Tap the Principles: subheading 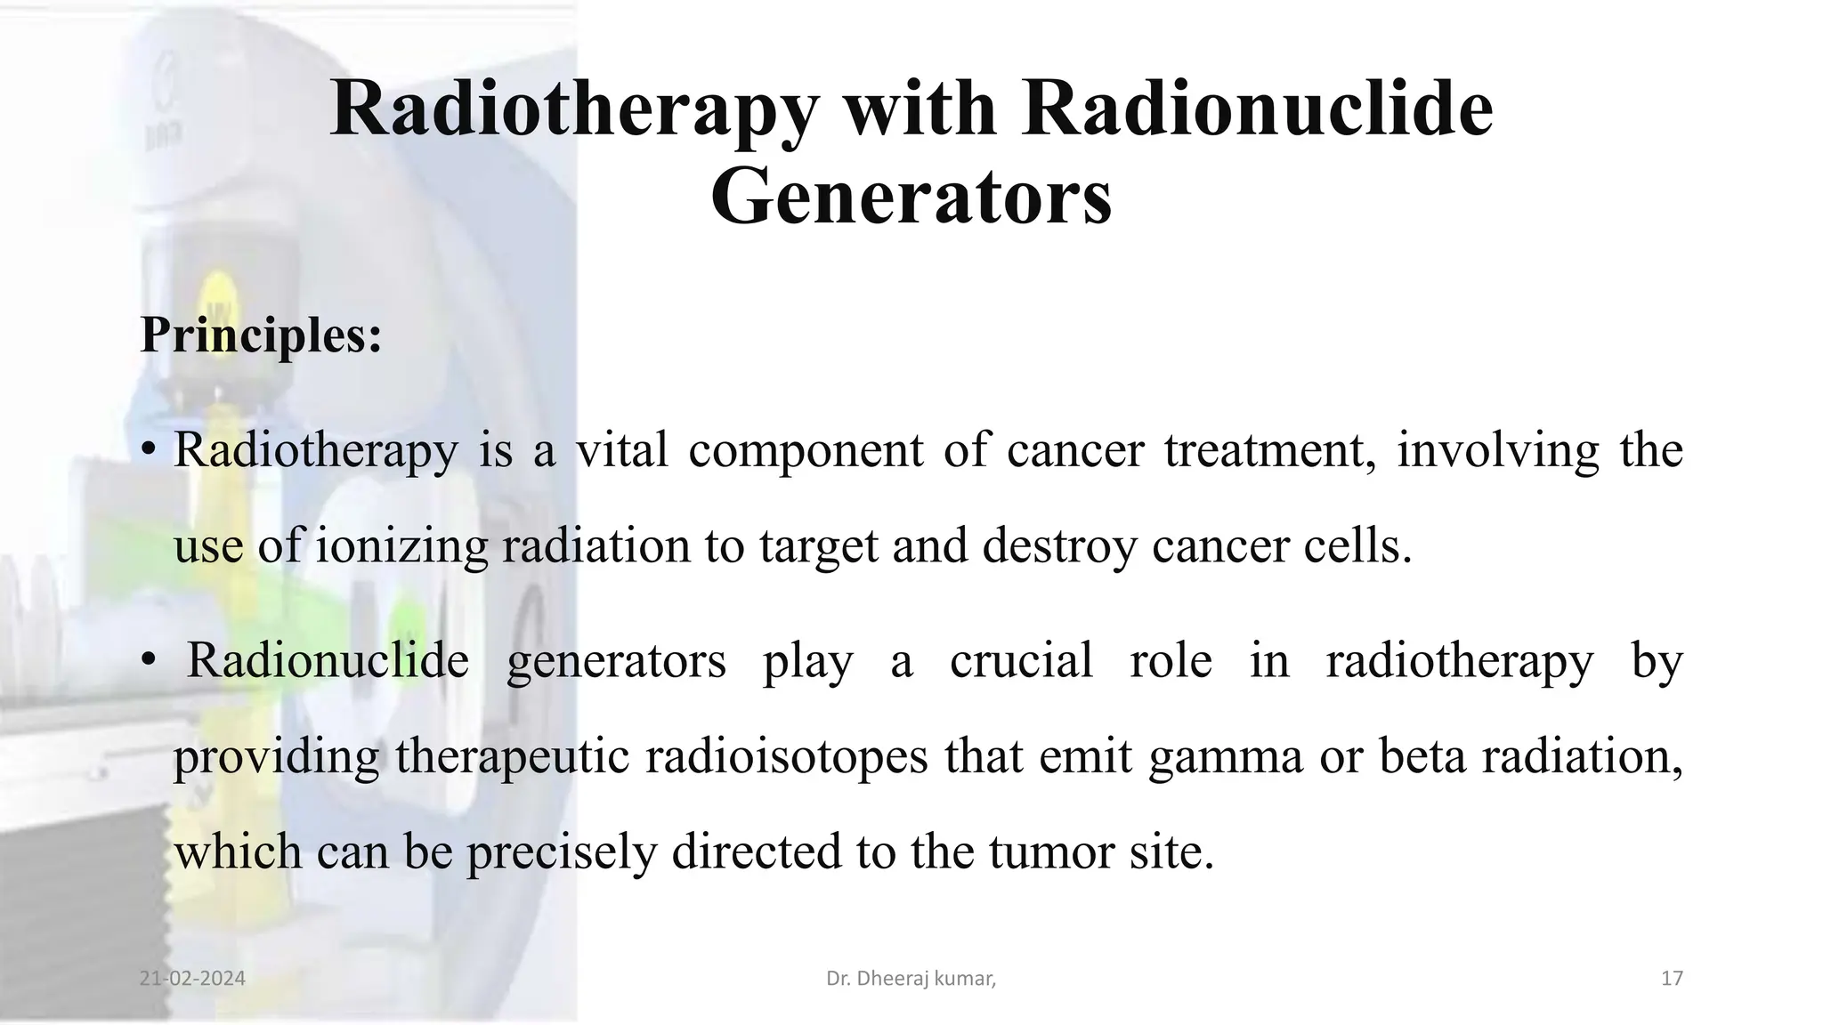tap(261, 335)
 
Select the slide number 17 tap(1672, 979)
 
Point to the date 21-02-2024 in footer tap(192, 979)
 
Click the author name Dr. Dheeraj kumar tap(911, 979)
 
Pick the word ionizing tap(402, 545)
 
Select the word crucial tap(1021, 661)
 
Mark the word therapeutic tap(512, 757)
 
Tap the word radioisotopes tap(786, 757)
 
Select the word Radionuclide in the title tap(1257, 111)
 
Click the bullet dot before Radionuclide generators tap(149, 661)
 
